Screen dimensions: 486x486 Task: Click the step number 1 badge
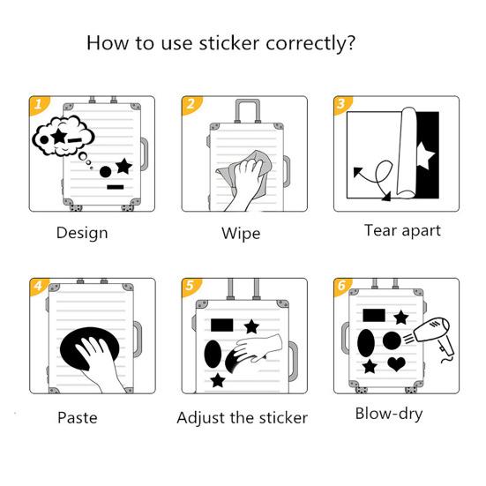[37, 105]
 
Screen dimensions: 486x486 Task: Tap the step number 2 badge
[190, 105]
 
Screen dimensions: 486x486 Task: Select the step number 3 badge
[341, 105]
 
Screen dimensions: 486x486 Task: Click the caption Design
[82, 233]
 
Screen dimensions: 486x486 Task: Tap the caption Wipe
[240, 234]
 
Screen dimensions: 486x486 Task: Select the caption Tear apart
[402, 230]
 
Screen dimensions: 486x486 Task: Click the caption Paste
[78, 417]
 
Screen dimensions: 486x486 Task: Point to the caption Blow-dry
[389, 413]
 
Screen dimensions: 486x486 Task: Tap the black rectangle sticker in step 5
[221, 326]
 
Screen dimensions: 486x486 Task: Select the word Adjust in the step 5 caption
[201, 417]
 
